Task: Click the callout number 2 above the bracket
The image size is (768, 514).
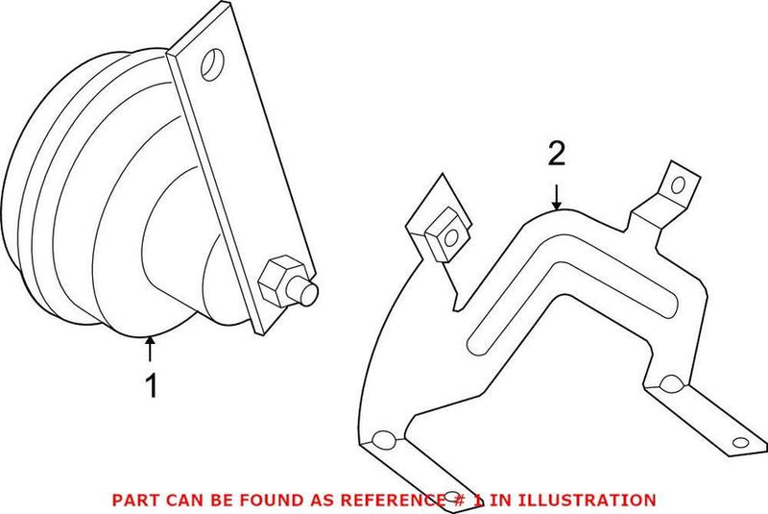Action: tap(558, 154)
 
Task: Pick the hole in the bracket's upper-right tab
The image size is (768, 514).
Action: tap(680, 183)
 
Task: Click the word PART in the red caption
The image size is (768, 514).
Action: tap(133, 500)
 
